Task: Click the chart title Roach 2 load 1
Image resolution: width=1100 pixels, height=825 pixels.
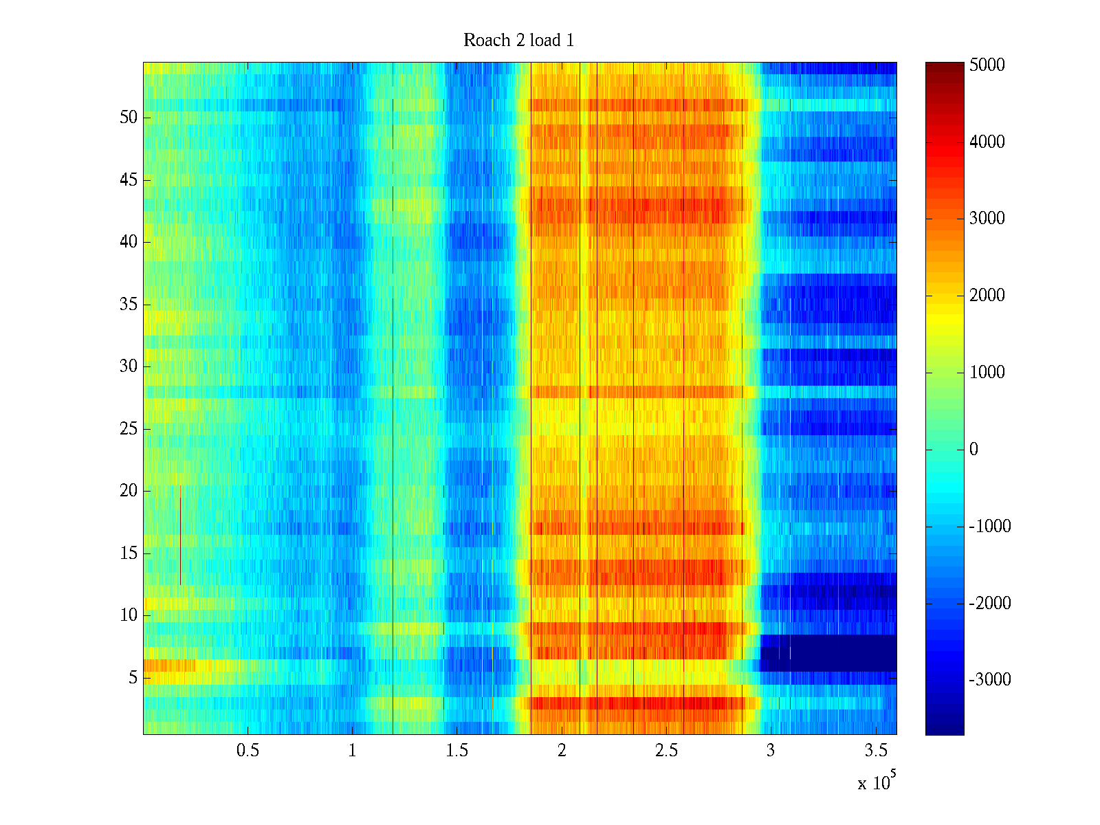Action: (518, 41)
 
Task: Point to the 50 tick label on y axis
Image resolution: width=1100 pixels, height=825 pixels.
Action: (129, 118)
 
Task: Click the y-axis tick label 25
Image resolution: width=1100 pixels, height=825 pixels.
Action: (129, 429)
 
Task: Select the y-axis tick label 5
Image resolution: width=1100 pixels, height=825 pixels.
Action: (133, 678)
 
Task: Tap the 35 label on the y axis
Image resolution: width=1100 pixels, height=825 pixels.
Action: (129, 305)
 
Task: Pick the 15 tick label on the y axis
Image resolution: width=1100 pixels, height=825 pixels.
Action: (129, 553)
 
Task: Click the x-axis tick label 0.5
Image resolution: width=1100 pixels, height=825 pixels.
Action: (247, 751)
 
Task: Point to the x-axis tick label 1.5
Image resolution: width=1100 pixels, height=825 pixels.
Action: (457, 751)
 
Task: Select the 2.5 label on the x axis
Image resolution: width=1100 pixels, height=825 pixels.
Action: (666, 751)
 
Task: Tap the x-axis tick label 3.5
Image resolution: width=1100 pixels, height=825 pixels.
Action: (875, 751)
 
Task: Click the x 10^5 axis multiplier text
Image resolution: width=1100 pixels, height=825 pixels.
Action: (877, 782)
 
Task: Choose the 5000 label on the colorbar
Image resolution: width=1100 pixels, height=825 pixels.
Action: (987, 65)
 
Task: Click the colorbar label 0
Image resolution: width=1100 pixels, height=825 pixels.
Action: (973, 450)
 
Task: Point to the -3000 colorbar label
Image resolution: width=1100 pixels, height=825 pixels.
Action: (990, 680)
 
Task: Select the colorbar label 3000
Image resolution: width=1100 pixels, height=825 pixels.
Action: (987, 219)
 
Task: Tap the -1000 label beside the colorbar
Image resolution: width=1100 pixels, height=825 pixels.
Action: (990, 527)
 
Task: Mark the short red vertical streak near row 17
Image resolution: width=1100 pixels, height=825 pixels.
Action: (180, 536)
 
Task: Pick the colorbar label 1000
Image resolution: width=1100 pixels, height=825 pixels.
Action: (987, 373)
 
